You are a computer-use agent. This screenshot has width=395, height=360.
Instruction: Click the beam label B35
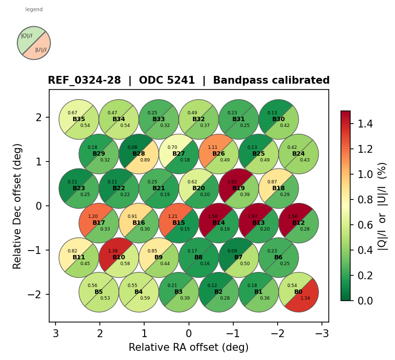(x=79, y=119)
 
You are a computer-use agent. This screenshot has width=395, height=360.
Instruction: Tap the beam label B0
(x=299, y=292)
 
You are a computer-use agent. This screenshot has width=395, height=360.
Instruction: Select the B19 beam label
(x=239, y=188)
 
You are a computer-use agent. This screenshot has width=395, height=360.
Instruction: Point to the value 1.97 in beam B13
(x=253, y=216)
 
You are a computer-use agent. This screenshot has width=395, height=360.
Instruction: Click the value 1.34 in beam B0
(x=305, y=298)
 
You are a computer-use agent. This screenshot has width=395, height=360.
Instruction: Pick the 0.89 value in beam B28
(x=145, y=160)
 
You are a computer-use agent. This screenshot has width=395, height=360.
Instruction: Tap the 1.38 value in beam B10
(x=113, y=251)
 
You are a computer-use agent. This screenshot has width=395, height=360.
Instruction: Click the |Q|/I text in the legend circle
(x=27, y=36)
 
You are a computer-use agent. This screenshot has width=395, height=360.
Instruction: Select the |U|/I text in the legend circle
(x=41, y=50)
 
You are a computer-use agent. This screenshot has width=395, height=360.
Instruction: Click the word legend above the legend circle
(x=34, y=10)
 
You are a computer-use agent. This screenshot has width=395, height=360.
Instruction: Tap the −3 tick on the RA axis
(x=321, y=333)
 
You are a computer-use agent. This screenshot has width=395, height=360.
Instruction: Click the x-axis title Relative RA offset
(x=188, y=347)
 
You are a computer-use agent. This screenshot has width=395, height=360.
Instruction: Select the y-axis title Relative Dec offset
(x=18, y=206)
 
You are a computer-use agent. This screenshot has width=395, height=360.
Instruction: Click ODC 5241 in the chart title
(x=167, y=81)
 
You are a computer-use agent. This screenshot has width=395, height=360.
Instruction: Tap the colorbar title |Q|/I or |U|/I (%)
(x=383, y=206)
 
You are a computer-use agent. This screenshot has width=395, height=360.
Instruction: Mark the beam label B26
(x=219, y=154)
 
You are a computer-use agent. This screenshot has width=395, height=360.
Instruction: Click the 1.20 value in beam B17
(x=93, y=216)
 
